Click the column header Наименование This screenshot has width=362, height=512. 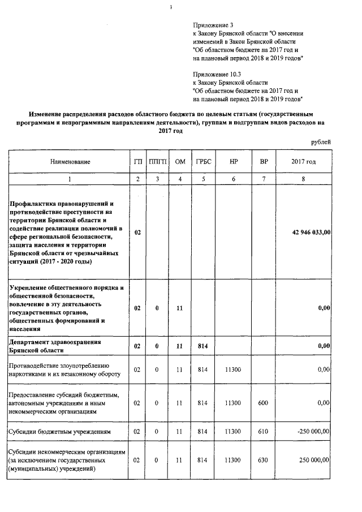click(70, 162)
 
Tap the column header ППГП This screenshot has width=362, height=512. click(157, 162)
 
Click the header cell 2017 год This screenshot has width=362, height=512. click(303, 162)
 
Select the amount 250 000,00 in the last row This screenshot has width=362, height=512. click(312, 461)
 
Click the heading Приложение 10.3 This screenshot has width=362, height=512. click(216, 74)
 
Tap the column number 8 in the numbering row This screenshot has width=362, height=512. click(303, 179)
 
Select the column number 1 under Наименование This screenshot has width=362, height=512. click(70, 179)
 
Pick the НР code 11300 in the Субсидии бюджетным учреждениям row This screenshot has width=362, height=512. click(233, 431)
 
